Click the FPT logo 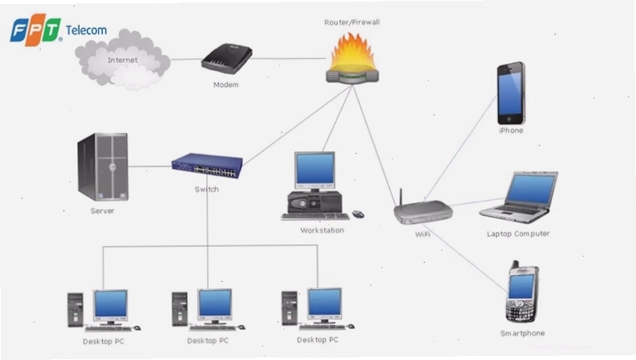36,29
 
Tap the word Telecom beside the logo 86,30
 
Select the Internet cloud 123,60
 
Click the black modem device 226,59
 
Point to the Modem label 226,84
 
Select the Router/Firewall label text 351,22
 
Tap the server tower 103,166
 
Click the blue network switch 207,166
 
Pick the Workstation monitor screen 315,169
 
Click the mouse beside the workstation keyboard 358,214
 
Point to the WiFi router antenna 401,198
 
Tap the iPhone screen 509,95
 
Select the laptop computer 519,197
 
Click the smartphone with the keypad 522,292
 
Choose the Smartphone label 523,333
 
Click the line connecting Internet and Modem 186,59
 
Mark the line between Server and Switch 150,166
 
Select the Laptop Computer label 518,234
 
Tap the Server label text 102,211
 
